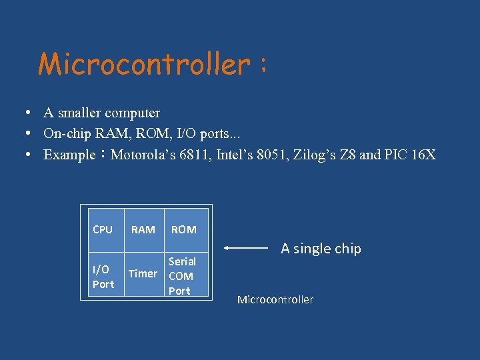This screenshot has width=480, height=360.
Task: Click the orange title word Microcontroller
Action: [x=143, y=65]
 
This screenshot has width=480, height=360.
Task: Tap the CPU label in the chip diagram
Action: [x=103, y=229]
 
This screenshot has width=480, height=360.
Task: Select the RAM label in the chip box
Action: [x=143, y=229]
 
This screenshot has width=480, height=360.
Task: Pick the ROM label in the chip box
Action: [x=183, y=229]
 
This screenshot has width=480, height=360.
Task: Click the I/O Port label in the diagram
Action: [x=103, y=277]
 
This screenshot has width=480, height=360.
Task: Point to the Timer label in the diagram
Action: [x=143, y=273]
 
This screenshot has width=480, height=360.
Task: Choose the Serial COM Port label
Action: [x=181, y=276]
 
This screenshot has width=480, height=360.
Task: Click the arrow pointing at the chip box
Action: [x=246, y=248]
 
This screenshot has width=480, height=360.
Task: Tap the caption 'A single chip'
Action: [x=321, y=249]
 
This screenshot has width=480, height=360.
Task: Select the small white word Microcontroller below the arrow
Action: [x=275, y=299]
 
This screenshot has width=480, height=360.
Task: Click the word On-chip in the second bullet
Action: [x=65, y=133]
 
